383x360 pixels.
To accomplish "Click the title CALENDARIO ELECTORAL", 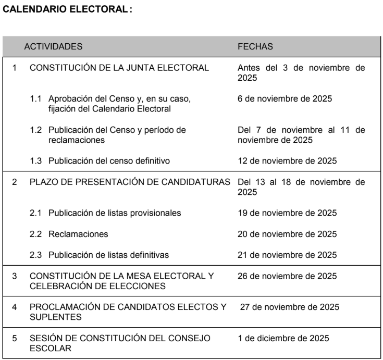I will click(x=67, y=10).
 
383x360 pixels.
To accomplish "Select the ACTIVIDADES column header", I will click(x=53, y=46).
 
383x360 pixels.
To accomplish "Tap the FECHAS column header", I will click(x=255, y=46).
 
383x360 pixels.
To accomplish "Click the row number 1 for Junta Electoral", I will click(x=15, y=68).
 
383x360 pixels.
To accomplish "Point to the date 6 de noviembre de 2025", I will click(x=285, y=98).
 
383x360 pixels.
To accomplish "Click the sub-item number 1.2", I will click(x=36, y=130).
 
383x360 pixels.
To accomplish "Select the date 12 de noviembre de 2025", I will click(x=287, y=160).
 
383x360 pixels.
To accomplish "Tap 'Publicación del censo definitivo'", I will click(x=109, y=160).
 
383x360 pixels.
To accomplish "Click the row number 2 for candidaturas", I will click(x=15, y=182).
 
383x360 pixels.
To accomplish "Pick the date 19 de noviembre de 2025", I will click(x=287, y=213).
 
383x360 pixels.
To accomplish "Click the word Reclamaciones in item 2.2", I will click(x=78, y=234).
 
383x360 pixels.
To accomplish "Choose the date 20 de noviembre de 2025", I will click(x=287, y=234).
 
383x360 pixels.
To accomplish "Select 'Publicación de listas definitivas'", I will click(x=108, y=255).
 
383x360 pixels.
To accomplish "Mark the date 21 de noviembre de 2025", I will click(x=287, y=255).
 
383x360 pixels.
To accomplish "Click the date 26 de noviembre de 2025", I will click(x=287, y=276).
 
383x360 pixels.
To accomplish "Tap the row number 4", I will click(x=15, y=307).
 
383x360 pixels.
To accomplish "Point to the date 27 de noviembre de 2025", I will click(x=289, y=307).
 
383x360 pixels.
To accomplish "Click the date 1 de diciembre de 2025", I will click(x=283, y=338).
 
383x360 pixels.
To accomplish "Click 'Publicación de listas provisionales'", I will click(x=115, y=213).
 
